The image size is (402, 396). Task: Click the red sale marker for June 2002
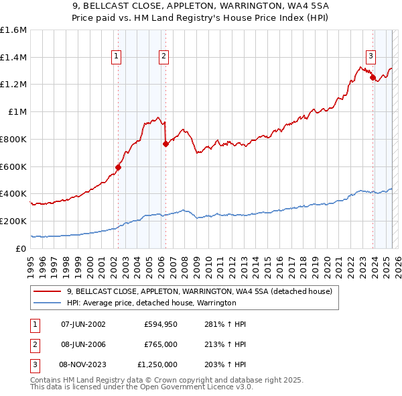pos(118,167)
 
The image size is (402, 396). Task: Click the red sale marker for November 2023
pos(372,78)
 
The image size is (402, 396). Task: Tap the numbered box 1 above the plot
pos(117,57)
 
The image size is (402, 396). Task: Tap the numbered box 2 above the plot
pos(163,57)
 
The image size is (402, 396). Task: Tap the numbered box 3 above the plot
pos(371,56)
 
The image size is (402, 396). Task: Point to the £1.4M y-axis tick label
pos(13,58)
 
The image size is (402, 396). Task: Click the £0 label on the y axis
pos(21,248)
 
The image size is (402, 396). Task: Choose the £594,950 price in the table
pos(160,324)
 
